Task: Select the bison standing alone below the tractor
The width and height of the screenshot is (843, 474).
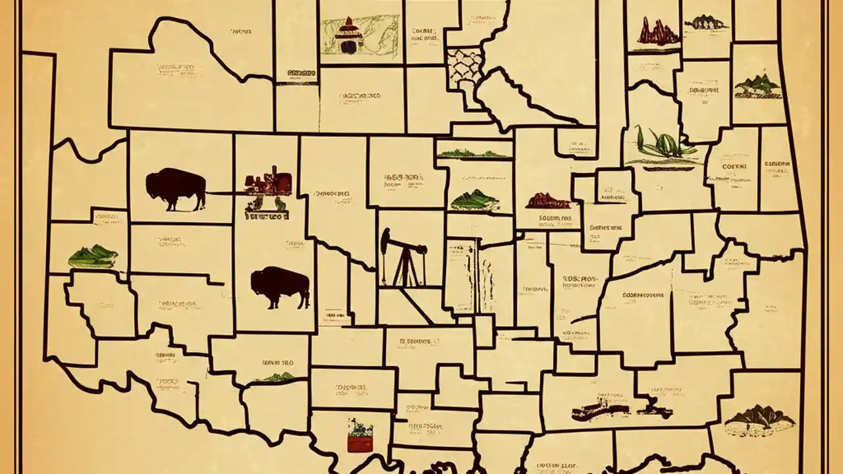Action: click(280, 286)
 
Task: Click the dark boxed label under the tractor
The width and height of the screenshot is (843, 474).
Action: click(267, 215)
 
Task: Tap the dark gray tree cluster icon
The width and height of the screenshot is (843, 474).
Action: click(707, 23)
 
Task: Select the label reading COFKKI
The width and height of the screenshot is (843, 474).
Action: click(734, 167)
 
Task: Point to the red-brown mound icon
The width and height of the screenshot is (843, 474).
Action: click(548, 200)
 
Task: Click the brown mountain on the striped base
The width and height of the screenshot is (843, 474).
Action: click(759, 419)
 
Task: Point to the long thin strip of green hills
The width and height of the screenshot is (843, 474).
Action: click(474, 154)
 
